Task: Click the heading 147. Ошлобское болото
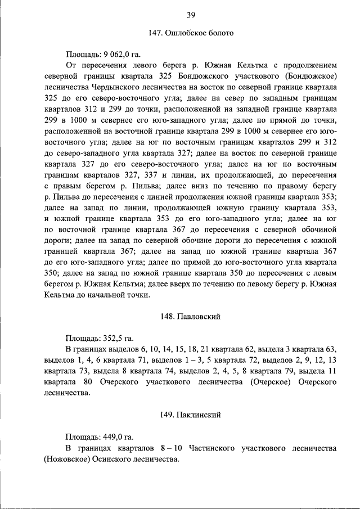(191, 34)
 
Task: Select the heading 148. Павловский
(191, 317)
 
